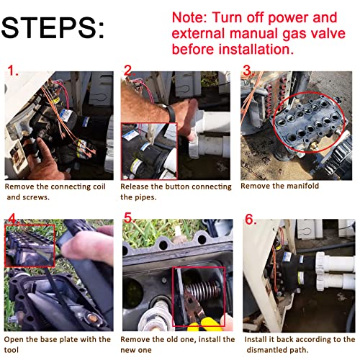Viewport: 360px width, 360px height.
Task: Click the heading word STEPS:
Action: [x=53, y=27]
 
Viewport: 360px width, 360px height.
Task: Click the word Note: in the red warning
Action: [x=189, y=18]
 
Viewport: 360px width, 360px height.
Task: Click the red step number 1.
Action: [x=13, y=71]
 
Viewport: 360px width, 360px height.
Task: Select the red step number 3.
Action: [x=248, y=71]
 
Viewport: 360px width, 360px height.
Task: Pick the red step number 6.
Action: [x=251, y=220]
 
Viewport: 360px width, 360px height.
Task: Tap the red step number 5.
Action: [x=129, y=218]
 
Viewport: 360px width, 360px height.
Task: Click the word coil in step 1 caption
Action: [x=99, y=186]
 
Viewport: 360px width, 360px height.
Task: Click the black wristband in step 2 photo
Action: [x=170, y=114]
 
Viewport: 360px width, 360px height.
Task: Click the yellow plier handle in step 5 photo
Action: [x=203, y=324]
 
